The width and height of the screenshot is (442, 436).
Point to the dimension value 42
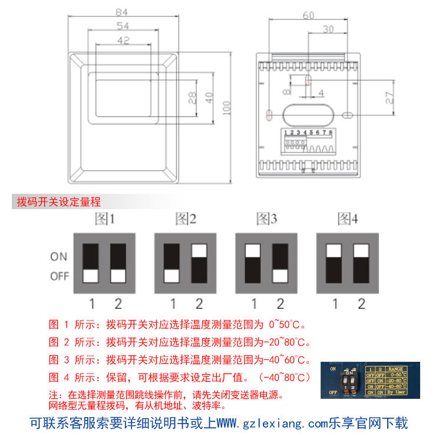point(123,40)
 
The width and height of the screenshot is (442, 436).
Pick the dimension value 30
point(328,29)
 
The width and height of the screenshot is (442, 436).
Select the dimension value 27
point(388,97)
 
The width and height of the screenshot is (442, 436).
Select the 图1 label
point(105,220)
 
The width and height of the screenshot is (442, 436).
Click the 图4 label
point(348,220)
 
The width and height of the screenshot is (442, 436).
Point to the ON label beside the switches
point(59,257)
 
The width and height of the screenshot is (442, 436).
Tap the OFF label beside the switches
point(60,276)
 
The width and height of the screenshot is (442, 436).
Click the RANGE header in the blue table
point(395,368)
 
